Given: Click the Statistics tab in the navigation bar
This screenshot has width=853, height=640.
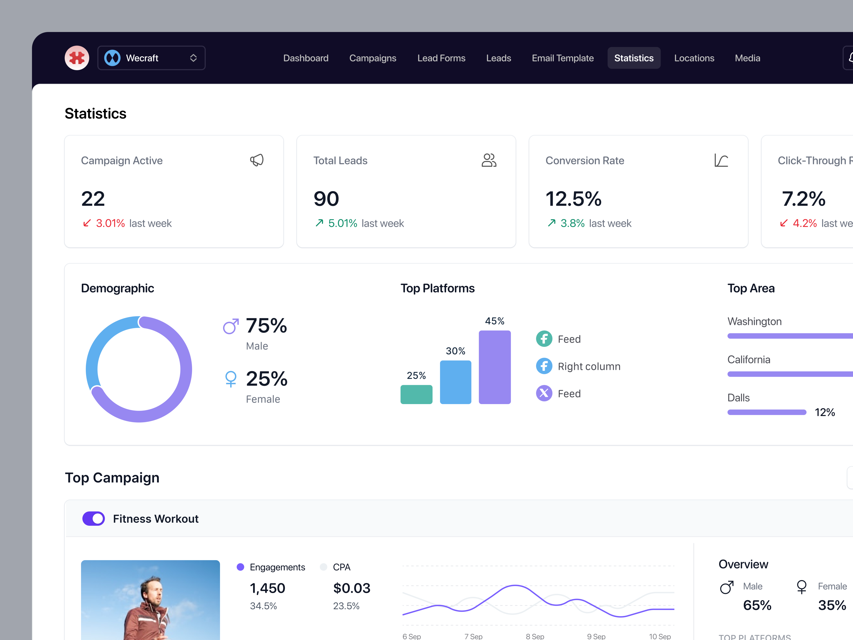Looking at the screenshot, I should click(x=634, y=58).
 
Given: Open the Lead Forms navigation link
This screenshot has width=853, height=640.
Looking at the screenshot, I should click(x=441, y=58).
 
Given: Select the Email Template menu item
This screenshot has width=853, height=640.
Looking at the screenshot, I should click(x=563, y=58).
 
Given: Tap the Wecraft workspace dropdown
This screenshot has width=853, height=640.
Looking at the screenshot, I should click(x=151, y=58).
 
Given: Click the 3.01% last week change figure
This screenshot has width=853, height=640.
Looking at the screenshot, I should click(x=110, y=223).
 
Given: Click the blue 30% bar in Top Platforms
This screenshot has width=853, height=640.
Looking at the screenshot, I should click(x=455, y=382).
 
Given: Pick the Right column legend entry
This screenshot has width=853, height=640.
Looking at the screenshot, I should click(x=589, y=366).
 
